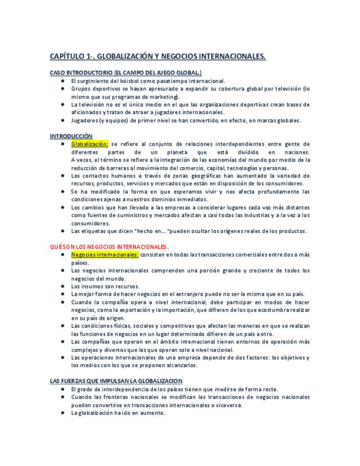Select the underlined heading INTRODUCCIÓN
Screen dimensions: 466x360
pos(71,136)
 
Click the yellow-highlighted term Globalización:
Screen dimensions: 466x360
pos(90,144)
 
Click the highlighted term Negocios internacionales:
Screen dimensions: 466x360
pos(104,255)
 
